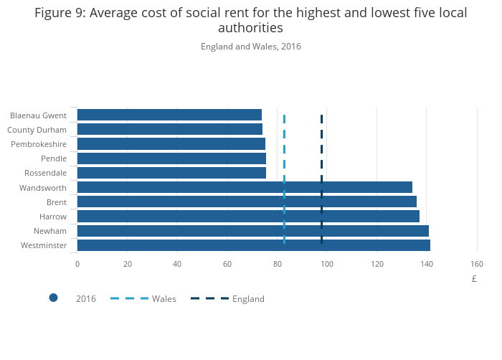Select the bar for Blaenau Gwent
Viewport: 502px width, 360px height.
click(169, 115)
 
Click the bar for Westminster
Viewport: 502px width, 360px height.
click(253, 245)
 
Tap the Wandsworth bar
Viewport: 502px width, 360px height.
click(245, 187)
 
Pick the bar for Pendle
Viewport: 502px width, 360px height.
click(171, 158)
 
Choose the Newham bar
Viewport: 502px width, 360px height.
click(252, 231)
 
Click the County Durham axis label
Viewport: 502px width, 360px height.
click(37, 130)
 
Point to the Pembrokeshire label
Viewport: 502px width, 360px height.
click(39, 144)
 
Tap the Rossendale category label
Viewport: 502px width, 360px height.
click(45, 173)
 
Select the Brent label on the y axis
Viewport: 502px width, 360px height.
click(56, 202)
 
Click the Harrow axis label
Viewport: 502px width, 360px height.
click(53, 217)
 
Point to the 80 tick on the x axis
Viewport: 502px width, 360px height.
click(278, 264)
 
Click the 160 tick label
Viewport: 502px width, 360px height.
click(477, 264)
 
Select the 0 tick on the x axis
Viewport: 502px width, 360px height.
click(77, 264)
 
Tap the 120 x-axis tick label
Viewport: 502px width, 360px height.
click(377, 264)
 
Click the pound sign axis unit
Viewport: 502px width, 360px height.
click(474, 279)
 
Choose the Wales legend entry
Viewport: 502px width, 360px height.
click(164, 298)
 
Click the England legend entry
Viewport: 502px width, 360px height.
click(248, 298)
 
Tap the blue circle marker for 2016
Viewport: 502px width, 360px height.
click(53, 298)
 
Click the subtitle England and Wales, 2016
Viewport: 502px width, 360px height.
click(251, 47)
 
